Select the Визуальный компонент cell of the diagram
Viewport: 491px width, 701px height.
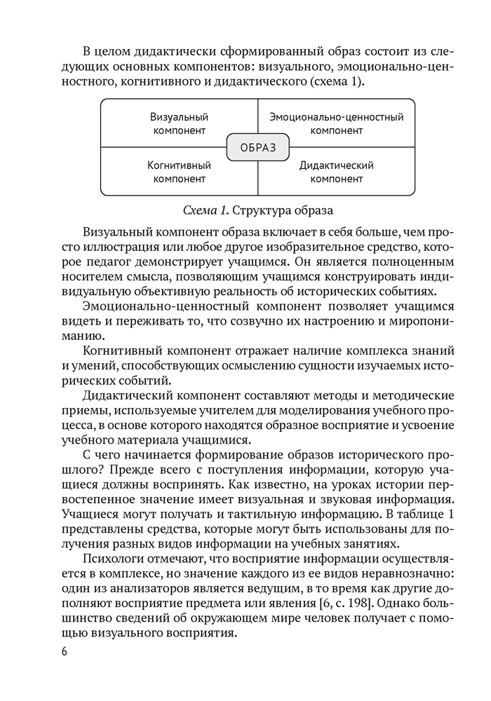point(179,123)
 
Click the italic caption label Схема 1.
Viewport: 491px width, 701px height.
point(205,210)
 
